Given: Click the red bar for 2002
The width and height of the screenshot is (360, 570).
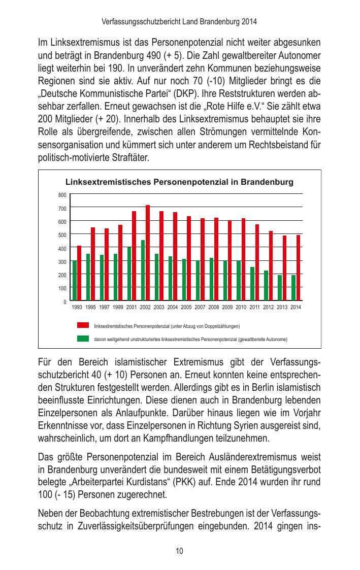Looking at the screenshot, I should click(148, 253).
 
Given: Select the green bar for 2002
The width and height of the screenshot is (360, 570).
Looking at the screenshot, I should click(143, 271).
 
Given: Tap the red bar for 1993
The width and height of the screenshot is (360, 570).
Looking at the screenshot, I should click(79, 273).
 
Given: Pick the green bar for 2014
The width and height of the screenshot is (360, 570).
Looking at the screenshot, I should click(293, 288).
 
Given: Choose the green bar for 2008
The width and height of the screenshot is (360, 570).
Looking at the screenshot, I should click(212, 279).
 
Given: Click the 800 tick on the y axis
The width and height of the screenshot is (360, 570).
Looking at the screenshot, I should click(62, 195).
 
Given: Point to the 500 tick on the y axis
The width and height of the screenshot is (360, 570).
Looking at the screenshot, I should click(62, 235).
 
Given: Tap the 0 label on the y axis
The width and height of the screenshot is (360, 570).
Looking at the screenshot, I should click(64, 301).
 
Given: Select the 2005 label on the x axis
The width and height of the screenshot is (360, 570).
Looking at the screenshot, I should click(186, 308).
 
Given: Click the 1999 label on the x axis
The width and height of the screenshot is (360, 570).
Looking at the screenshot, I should click(118, 308).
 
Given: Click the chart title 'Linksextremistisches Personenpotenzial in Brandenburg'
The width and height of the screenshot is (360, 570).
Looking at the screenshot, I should click(179, 182).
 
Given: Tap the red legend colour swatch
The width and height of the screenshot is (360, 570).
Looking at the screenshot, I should click(83, 325).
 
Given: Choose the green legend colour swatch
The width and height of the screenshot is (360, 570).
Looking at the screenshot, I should click(83, 339).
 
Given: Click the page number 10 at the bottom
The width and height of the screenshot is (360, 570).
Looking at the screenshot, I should click(180, 551).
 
